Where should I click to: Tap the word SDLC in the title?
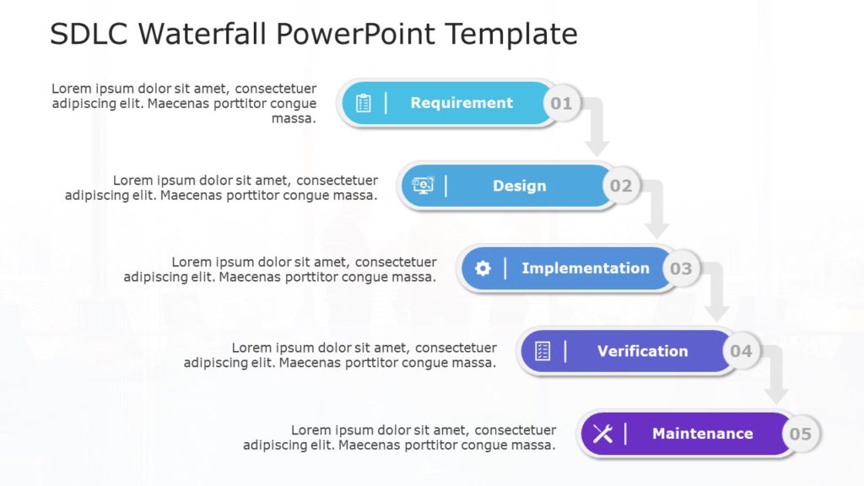[x=89, y=34]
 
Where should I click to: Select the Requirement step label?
[x=462, y=103]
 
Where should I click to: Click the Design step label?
[x=520, y=186]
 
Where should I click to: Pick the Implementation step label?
[x=586, y=268]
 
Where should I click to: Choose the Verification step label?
[x=643, y=351]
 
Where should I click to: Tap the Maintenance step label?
[x=703, y=434]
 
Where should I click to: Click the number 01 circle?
[x=561, y=103]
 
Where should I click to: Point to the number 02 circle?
[x=621, y=186]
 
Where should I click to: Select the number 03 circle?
[x=681, y=268]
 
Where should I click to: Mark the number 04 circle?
[x=741, y=351]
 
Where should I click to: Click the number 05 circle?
[x=800, y=434]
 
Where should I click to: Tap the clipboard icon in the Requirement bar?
[x=364, y=103]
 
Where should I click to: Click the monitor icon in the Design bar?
[x=424, y=186]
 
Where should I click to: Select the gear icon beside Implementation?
[x=483, y=268]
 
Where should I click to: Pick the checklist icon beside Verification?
[x=543, y=351]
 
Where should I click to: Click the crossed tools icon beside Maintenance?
[x=602, y=434]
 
